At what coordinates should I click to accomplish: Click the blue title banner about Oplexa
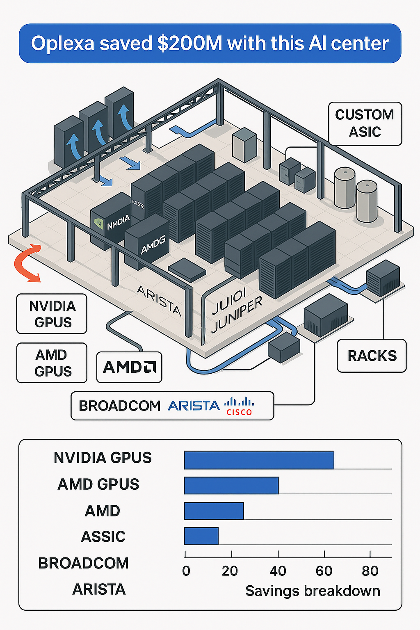coord(210,43)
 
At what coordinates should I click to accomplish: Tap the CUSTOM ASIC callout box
coord(365,123)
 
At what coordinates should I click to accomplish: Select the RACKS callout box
coord(372,356)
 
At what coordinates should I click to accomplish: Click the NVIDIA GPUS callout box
coord(52,314)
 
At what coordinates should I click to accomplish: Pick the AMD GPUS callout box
coord(52,363)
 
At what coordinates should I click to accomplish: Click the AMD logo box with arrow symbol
coord(129,367)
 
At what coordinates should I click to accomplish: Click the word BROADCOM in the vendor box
coord(119,406)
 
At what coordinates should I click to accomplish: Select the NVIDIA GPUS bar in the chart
coord(259,460)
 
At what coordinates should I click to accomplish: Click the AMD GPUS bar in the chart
coord(231,485)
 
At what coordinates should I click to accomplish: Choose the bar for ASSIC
coord(201,536)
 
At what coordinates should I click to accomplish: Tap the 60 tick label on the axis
coord(324,571)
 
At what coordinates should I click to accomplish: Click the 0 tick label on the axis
coord(186,571)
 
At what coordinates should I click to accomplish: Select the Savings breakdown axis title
coord(313,591)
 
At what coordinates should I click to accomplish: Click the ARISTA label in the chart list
coord(99,589)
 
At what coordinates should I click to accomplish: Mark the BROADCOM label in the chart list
coord(83,563)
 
